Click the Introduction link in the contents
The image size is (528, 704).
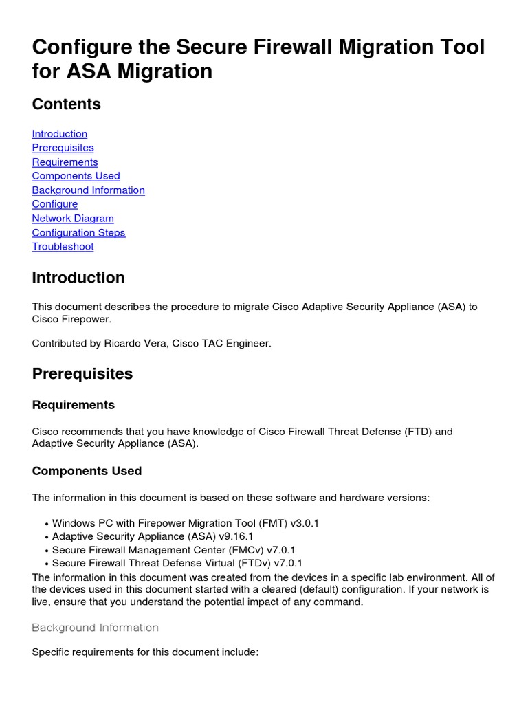60,134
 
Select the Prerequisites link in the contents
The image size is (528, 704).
63,148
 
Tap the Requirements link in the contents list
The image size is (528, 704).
65,162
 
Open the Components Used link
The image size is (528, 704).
76,176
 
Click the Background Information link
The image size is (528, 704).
88,190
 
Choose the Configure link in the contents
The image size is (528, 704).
55,204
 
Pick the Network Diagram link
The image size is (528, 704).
73,219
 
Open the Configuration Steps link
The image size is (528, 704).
78,232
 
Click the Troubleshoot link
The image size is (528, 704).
63,247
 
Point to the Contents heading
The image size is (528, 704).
66,104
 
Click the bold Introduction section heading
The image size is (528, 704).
78,278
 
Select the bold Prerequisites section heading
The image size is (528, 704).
82,374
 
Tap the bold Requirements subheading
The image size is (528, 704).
74,405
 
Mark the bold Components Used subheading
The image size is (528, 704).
87,471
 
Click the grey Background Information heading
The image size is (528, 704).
95,628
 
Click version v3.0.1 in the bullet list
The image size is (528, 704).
305,523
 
